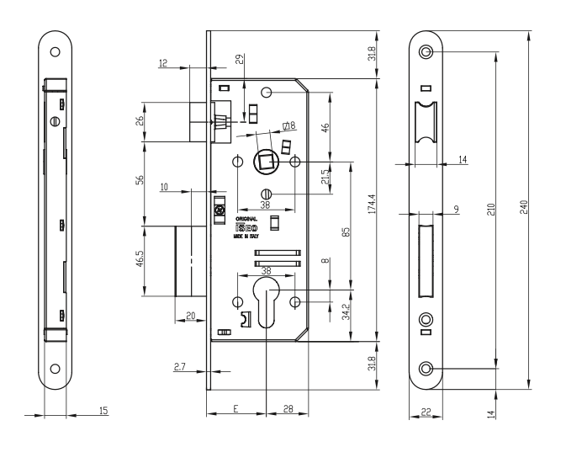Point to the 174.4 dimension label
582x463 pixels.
click(371, 207)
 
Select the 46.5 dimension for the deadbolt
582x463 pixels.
click(139, 260)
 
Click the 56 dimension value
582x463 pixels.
click(139, 181)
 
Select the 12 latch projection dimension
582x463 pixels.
click(162, 63)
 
